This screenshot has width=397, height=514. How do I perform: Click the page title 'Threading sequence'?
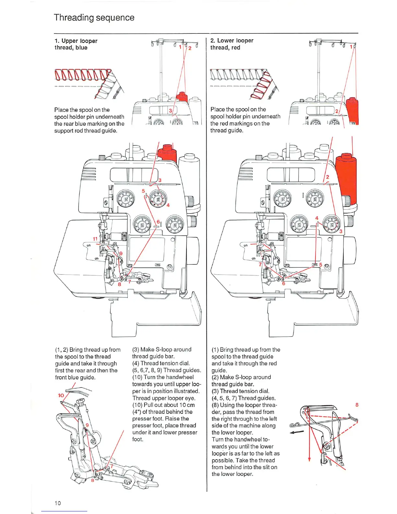tap(94, 18)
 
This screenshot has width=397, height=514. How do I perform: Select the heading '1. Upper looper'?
tap(76, 41)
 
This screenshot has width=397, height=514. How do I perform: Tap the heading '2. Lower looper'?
tap(232, 41)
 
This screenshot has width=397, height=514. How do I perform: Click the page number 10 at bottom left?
tap(58, 503)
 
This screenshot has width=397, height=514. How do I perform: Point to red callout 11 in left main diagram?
tap(95, 239)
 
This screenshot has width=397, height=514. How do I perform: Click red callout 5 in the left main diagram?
tap(143, 191)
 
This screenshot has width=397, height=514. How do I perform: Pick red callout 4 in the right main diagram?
tap(317, 218)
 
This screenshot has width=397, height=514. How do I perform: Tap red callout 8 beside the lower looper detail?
tap(357, 405)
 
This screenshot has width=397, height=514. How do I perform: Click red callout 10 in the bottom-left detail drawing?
tap(61, 395)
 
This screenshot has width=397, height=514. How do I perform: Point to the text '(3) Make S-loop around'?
tap(162, 349)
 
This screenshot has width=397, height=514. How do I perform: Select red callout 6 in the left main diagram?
tap(158, 222)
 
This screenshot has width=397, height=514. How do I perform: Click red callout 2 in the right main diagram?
tap(327, 177)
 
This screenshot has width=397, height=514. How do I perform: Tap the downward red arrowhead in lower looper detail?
tap(309, 459)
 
